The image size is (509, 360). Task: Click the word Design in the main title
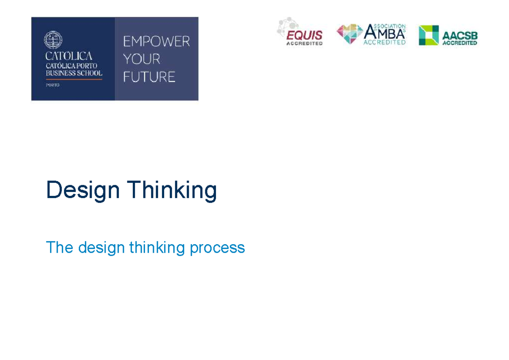83,190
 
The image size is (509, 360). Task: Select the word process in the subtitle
217,248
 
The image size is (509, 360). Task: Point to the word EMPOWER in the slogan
156,42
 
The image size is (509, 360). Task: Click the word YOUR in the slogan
142,59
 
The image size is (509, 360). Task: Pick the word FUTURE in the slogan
149,77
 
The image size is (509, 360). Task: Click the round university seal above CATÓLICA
53,41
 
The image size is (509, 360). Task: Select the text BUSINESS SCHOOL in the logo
73,73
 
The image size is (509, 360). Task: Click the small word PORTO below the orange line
53,85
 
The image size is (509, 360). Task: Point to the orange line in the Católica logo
73,79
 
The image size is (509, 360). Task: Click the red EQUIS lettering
304,35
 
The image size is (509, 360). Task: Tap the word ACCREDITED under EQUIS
304,43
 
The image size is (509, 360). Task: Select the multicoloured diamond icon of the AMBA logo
350,34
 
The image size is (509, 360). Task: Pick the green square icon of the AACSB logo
428,35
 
